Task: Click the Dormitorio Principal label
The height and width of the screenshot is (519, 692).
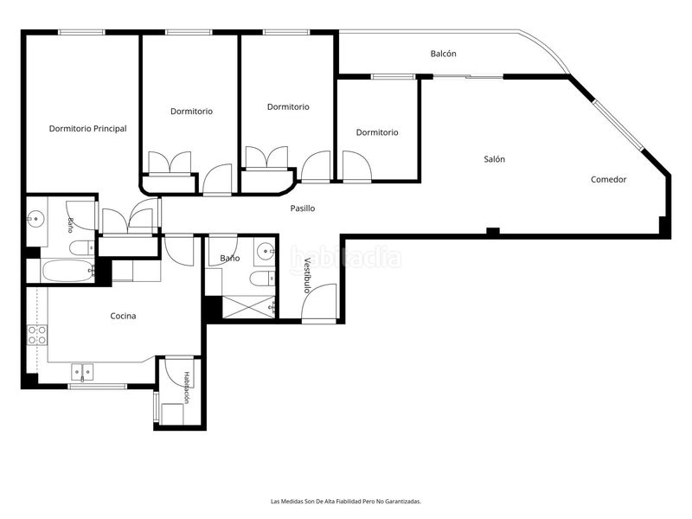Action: click(x=88, y=129)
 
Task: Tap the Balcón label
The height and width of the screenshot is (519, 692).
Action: click(x=443, y=54)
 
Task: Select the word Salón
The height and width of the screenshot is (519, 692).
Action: click(x=494, y=159)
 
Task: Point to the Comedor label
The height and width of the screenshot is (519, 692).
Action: click(x=609, y=180)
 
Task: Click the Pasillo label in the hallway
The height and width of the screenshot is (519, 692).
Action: click(x=303, y=208)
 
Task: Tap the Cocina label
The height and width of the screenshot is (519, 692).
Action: click(x=123, y=316)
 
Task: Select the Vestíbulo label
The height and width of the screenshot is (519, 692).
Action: click(x=307, y=275)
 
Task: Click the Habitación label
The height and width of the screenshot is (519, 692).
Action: click(x=187, y=388)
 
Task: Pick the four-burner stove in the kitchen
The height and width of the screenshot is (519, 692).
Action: click(x=37, y=335)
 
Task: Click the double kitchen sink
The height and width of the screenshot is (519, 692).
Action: click(x=82, y=372)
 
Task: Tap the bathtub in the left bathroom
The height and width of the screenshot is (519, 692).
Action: click(x=67, y=271)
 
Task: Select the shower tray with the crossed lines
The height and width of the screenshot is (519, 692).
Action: click(x=248, y=307)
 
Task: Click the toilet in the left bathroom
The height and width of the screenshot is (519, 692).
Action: click(x=82, y=248)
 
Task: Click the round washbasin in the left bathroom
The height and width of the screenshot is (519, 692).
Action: click(x=35, y=219)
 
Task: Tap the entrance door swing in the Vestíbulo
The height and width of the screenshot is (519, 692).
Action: click(x=319, y=302)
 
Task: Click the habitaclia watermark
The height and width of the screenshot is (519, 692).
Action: click(x=345, y=257)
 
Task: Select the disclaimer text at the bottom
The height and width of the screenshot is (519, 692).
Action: click(x=345, y=502)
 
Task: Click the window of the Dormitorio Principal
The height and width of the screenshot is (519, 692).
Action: click(x=81, y=32)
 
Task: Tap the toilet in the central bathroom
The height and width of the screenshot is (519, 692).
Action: click(x=262, y=279)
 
